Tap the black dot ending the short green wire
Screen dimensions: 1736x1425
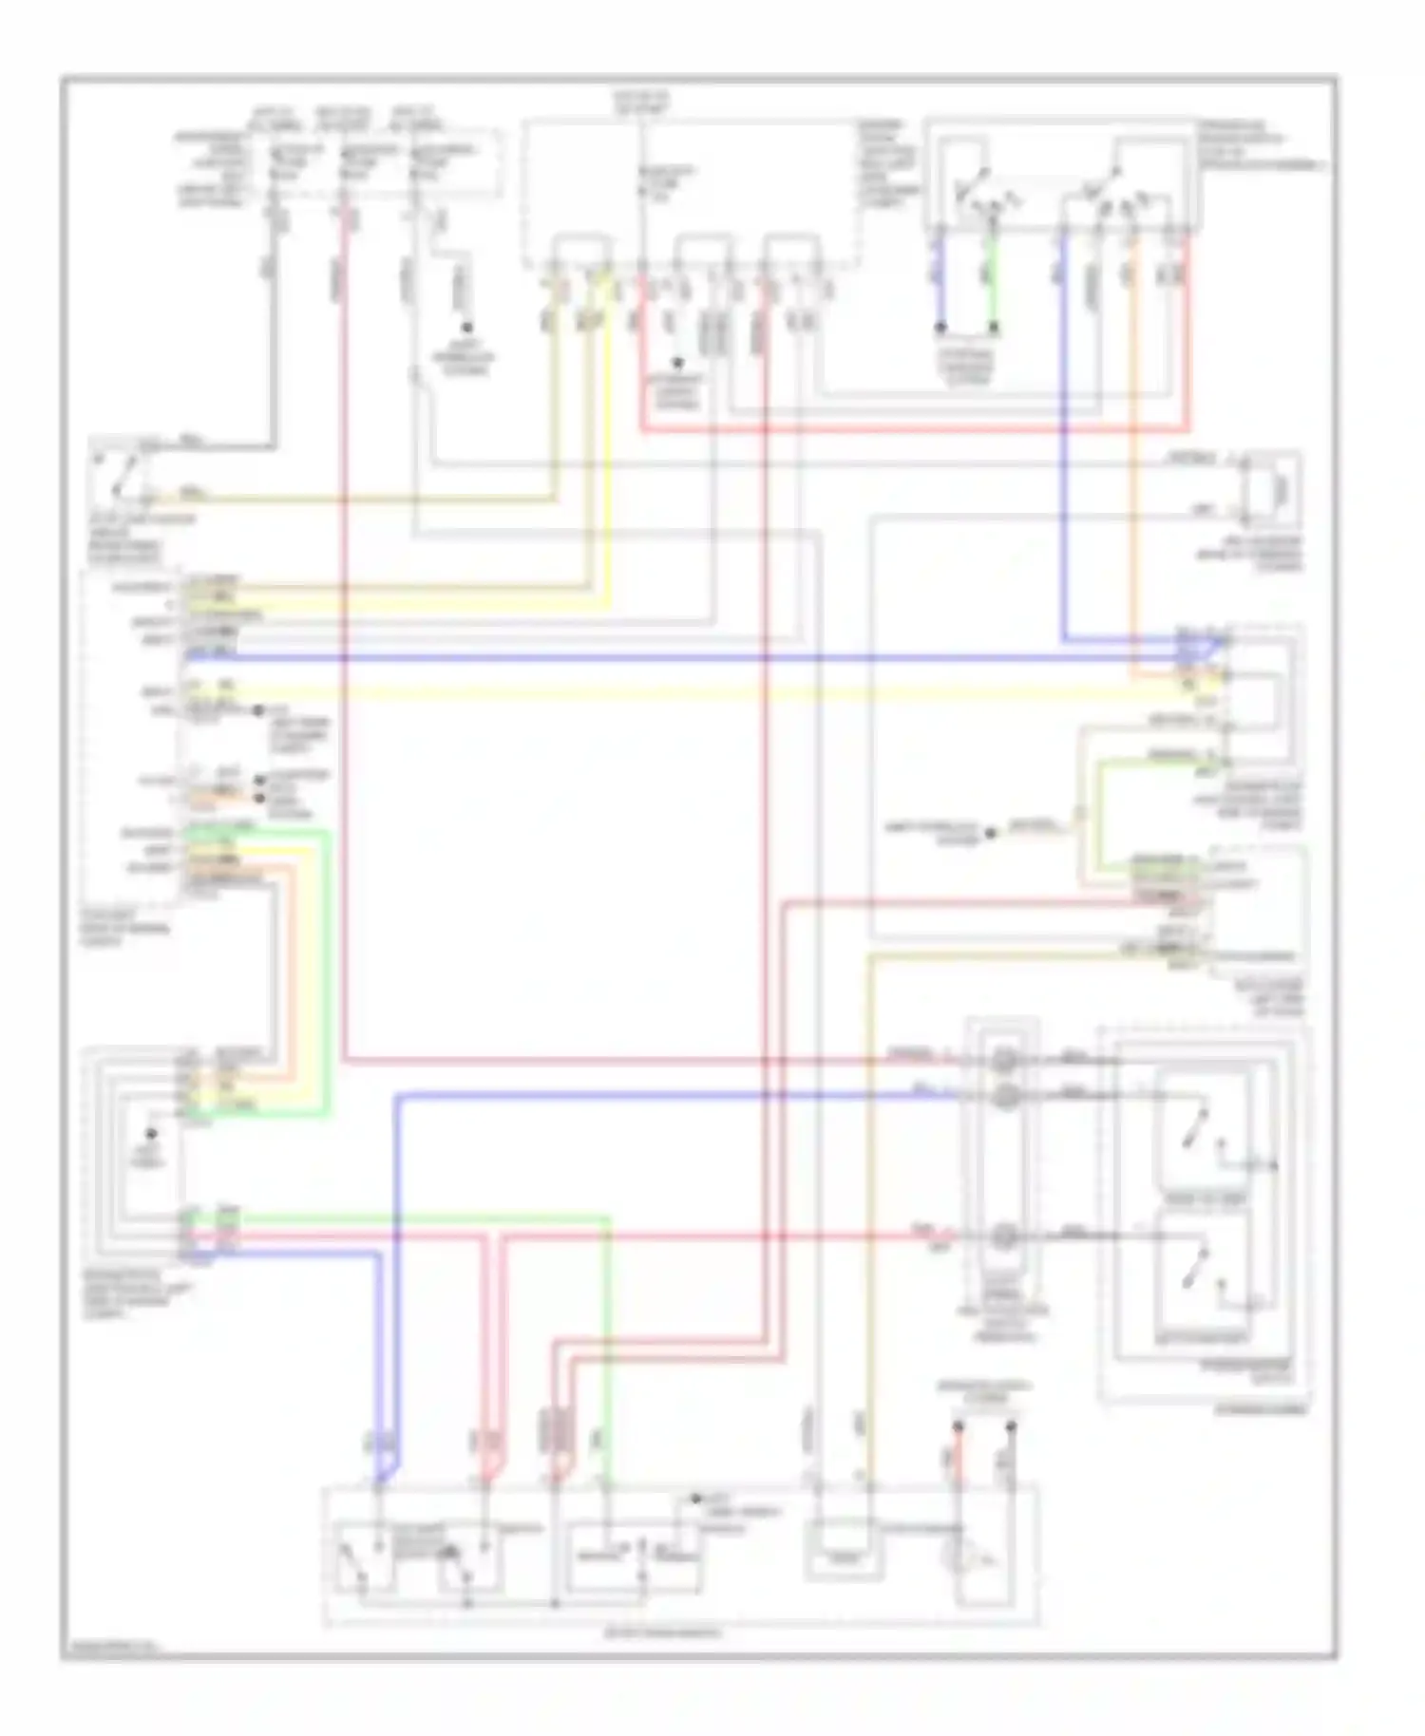pyautogui.click(x=994, y=328)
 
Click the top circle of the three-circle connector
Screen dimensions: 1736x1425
pyautogui.click(x=1005, y=1061)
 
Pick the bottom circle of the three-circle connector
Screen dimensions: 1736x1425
pyautogui.click(x=1005, y=1236)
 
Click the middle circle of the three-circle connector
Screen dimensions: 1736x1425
pyautogui.click(x=1005, y=1097)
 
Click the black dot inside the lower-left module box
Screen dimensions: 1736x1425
pyautogui.click(x=150, y=1134)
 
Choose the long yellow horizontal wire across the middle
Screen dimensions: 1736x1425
pyautogui.click(x=665, y=692)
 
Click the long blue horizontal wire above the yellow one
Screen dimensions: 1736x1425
pyautogui.click(x=665, y=657)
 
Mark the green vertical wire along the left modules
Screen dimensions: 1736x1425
pyautogui.click(x=328, y=969)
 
